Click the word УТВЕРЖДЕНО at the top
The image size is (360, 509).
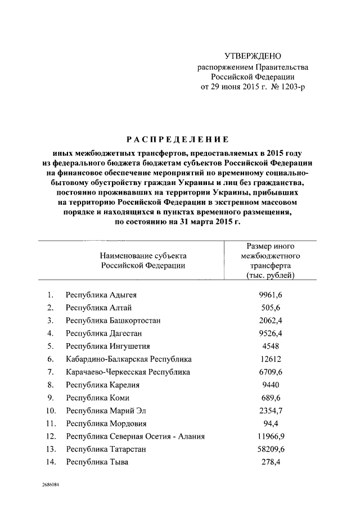point(253,56)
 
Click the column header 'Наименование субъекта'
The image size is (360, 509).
point(143,255)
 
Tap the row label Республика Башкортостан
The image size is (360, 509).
point(113,321)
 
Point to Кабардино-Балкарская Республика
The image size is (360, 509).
point(129,359)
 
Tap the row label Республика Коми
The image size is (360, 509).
point(97,398)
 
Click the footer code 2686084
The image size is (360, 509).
point(49,485)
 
